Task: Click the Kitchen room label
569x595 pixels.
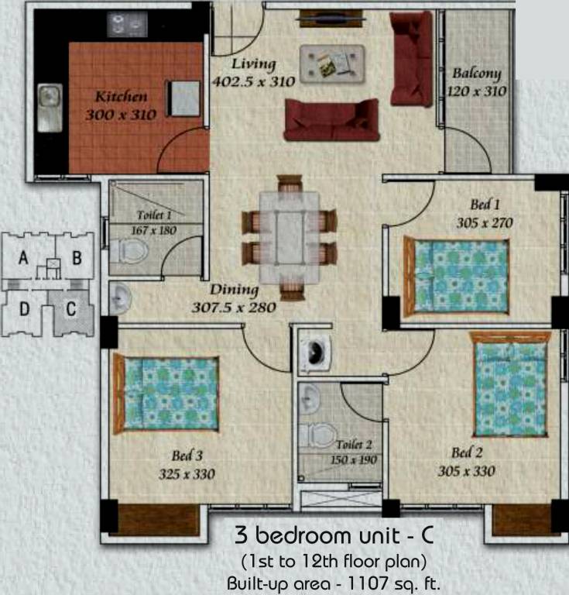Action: click(x=122, y=98)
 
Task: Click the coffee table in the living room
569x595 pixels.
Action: click(x=333, y=62)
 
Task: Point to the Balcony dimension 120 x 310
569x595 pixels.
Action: click(x=476, y=91)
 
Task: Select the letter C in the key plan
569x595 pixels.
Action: click(x=70, y=309)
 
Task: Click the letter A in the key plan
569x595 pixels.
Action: click(x=24, y=259)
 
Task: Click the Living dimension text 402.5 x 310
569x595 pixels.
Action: click(x=252, y=80)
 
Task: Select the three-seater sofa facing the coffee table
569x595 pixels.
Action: click(x=331, y=122)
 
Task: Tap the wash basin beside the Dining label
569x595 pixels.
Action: click(x=120, y=298)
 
